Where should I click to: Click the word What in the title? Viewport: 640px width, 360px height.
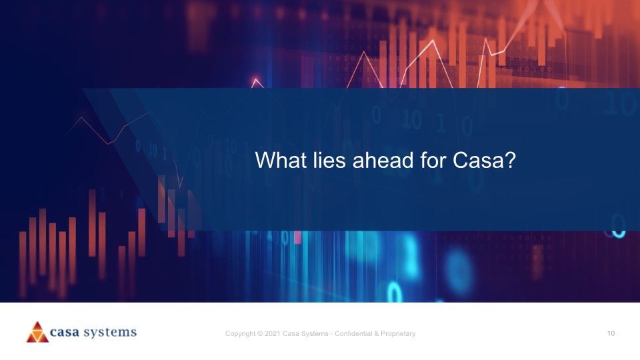[x=281, y=160]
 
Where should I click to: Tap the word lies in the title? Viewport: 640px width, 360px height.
[x=329, y=160]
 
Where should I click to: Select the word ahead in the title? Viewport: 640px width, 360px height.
[x=383, y=160]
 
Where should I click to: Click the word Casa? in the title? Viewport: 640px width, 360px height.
[x=485, y=160]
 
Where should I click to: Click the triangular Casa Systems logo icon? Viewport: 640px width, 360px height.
[x=37, y=332]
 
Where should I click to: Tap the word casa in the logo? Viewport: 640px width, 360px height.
[x=65, y=332]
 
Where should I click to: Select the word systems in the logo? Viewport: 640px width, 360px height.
[x=110, y=333]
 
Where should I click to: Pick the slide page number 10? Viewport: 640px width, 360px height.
[x=611, y=333]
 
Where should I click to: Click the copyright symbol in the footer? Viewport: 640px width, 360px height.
[x=260, y=333]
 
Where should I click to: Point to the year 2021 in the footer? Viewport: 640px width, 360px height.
[x=272, y=333]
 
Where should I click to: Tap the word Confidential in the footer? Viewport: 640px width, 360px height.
[x=353, y=333]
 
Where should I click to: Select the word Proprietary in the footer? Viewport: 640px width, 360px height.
[x=398, y=334]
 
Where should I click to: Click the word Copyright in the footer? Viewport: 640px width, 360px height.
[x=241, y=334]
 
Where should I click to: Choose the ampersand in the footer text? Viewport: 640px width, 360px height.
[x=376, y=333]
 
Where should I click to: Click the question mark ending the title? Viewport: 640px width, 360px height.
[x=511, y=160]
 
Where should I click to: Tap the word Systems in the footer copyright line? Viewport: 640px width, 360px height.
[x=315, y=334]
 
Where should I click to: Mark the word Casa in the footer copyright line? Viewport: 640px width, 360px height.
[x=291, y=333]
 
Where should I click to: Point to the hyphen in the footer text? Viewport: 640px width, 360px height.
[x=331, y=334]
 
